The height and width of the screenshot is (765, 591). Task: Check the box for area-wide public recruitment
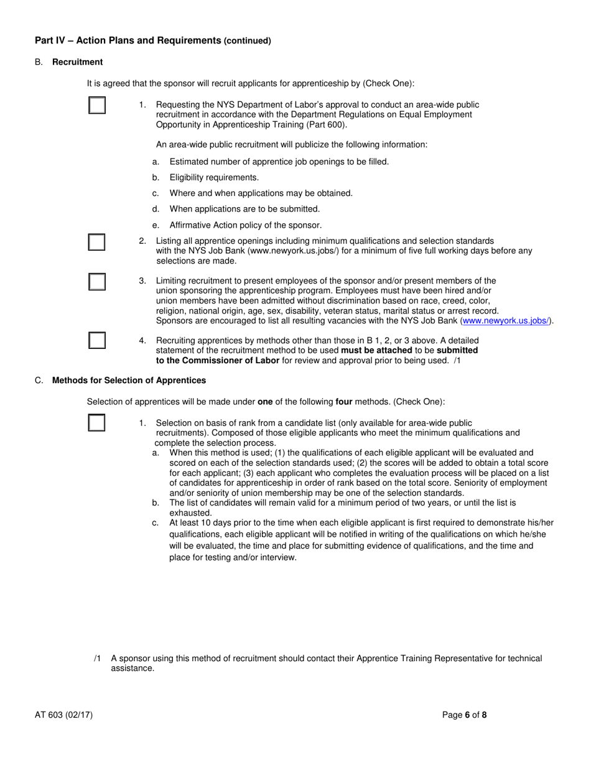tap(96, 105)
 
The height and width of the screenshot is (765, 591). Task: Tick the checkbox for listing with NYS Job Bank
tap(96, 242)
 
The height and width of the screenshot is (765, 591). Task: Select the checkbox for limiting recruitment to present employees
tap(96, 282)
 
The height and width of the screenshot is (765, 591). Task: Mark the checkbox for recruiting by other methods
tap(96, 341)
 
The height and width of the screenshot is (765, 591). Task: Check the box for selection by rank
tap(96, 422)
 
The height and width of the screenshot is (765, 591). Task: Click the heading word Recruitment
tap(78, 62)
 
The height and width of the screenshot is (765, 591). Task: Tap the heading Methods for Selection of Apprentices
tap(129, 380)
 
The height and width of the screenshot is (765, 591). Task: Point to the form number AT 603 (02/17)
tap(64, 715)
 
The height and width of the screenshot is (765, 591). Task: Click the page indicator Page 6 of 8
tap(465, 715)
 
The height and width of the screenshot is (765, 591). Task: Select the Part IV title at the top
tap(152, 40)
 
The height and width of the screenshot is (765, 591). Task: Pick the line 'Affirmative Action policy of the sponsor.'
tap(246, 225)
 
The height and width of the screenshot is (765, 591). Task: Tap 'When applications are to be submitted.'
tap(244, 209)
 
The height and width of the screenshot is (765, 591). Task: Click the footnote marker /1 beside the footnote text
tap(98, 658)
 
